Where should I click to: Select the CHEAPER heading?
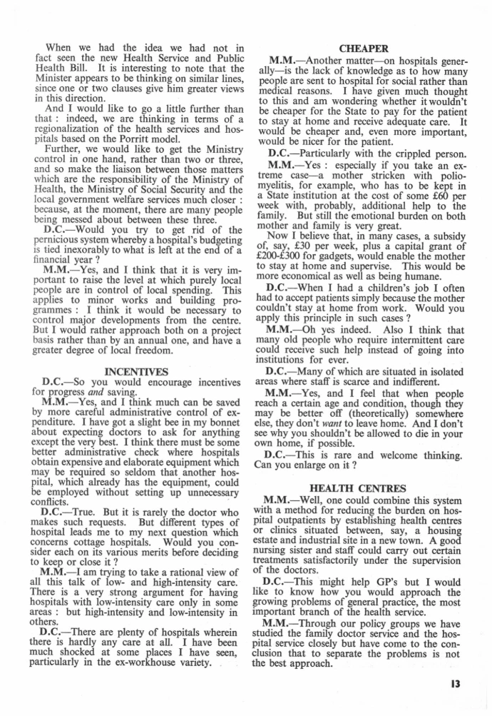coord(364,49)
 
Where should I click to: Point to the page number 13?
coord(455,683)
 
